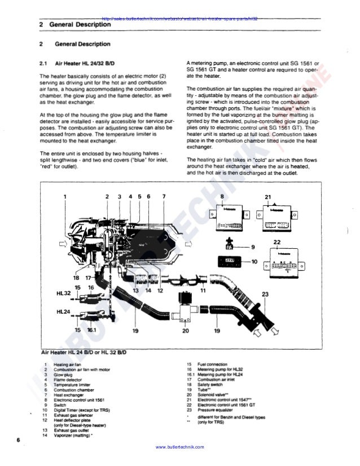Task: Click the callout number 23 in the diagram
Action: click(x=266, y=294)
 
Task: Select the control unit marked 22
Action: click(x=279, y=262)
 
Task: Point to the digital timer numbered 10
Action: click(x=230, y=262)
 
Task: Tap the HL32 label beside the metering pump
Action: click(x=63, y=293)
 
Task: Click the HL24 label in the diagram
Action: click(x=63, y=311)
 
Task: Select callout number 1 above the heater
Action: click(x=65, y=196)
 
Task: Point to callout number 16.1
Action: click(x=93, y=330)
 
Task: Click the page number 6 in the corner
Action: click(x=19, y=439)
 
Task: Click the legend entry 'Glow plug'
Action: click(x=60, y=374)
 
